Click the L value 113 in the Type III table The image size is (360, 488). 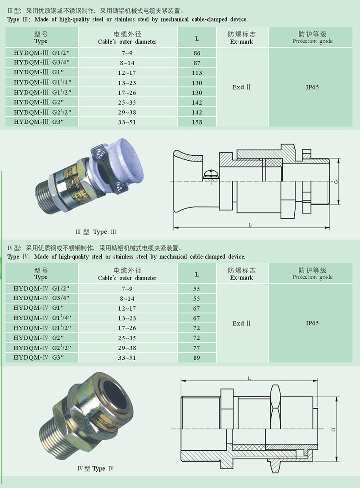[197, 73]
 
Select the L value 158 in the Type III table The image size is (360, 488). [197, 122]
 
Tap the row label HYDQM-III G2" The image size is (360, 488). [39, 102]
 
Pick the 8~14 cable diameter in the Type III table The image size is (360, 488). [127, 63]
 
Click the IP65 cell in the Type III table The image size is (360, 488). [312, 87]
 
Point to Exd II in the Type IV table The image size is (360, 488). [242, 323]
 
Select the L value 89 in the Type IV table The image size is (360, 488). [197, 358]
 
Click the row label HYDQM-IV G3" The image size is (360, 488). [39, 357]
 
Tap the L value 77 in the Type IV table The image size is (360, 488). [197, 348]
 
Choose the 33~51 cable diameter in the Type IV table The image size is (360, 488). [127, 358]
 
